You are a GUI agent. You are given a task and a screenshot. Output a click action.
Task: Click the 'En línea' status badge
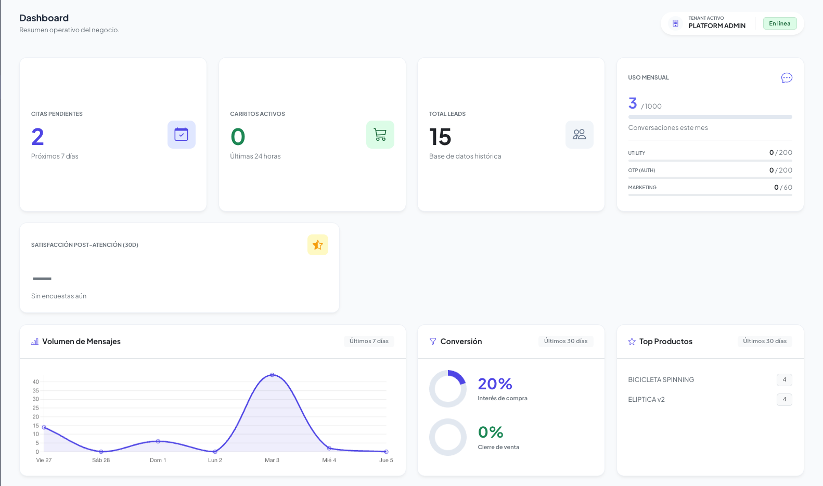pyautogui.click(x=779, y=23)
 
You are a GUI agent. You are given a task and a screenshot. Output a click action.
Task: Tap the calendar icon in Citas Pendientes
pyautogui.click(x=181, y=135)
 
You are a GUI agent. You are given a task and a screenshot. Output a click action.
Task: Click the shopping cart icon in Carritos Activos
pyautogui.click(x=380, y=135)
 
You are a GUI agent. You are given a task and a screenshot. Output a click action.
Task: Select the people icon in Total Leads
pyautogui.click(x=579, y=135)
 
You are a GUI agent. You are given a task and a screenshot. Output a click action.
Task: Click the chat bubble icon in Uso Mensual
pyautogui.click(x=787, y=78)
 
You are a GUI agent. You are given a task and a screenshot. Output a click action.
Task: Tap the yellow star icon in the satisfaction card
pyautogui.click(x=318, y=245)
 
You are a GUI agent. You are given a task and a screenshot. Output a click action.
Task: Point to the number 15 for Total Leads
pyautogui.click(x=440, y=137)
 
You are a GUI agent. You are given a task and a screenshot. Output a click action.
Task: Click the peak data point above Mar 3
pyautogui.click(x=272, y=375)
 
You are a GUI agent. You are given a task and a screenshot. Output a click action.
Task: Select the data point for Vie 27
pyautogui.click(x=44, y=427)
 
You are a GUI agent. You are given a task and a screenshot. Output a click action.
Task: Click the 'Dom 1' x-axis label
pyautogui.click(x=158, y=460)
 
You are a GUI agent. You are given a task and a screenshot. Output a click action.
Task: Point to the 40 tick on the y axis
pyautogui.click(x=36, y=382)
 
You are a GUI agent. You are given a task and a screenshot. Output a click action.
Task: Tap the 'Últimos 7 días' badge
pyautogui.click(x=369, y=341)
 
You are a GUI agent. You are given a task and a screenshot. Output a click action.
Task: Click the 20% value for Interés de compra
pyautogui.click(x=495, y=384)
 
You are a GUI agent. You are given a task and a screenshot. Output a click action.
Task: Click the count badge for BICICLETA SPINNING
pyautogui.click(x=784, y=380)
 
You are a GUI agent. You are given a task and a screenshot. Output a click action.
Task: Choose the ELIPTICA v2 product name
pyautogui.click(x=646, y=400)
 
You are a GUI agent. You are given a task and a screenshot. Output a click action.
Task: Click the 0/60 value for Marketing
pyautogui.click(x=783, y=188)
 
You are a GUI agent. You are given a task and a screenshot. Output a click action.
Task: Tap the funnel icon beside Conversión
pyautogui.click(x=433, y=341)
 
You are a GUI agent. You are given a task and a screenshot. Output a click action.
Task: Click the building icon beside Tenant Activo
pyautogui.click(x=675, y=23)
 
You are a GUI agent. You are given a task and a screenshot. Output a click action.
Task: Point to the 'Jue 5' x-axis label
pyautogui.click(x=386, y=460)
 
